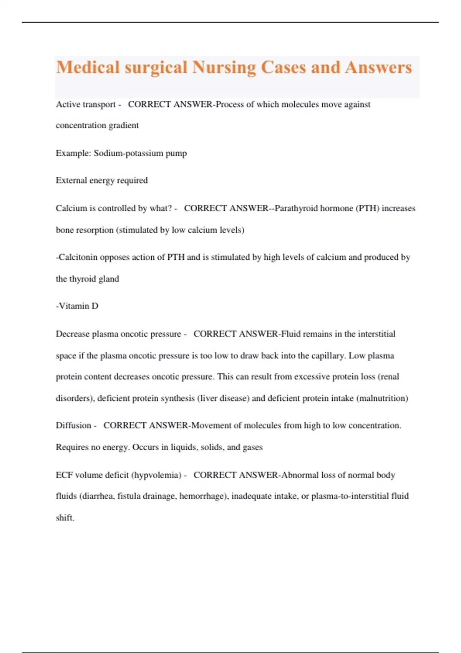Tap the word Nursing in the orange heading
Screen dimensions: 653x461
(224, 68)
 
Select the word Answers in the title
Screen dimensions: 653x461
(378, 68)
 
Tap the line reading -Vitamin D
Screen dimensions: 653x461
(77, 306)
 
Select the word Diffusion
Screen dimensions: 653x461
(73, 426)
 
